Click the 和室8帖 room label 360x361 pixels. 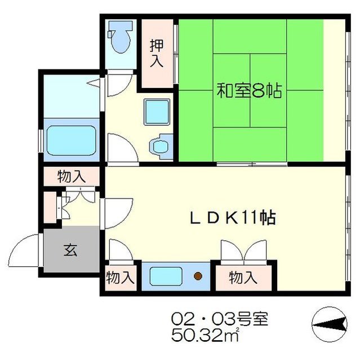point(250,90)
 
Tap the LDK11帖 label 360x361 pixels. point(233,217)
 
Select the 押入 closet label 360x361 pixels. point(156,54)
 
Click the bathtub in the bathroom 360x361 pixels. point(70,139)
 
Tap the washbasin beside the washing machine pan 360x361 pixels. point(160,145)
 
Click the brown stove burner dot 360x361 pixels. point(198,276)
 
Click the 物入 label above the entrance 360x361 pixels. point(72,177)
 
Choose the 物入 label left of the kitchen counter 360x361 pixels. point(121,278)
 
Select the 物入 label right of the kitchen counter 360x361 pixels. point(243,278)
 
